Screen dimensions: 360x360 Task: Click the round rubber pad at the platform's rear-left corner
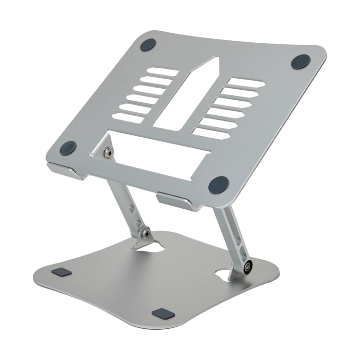tap(147, 45)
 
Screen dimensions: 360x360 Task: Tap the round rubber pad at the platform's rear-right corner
tap(301, 61)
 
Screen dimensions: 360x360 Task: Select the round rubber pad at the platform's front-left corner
tap(68, 148)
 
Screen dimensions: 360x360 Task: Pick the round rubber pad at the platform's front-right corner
tap(218, 185)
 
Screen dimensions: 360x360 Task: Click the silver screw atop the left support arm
tap(108, 153)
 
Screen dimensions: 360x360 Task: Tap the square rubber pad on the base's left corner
tap(61, 273)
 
